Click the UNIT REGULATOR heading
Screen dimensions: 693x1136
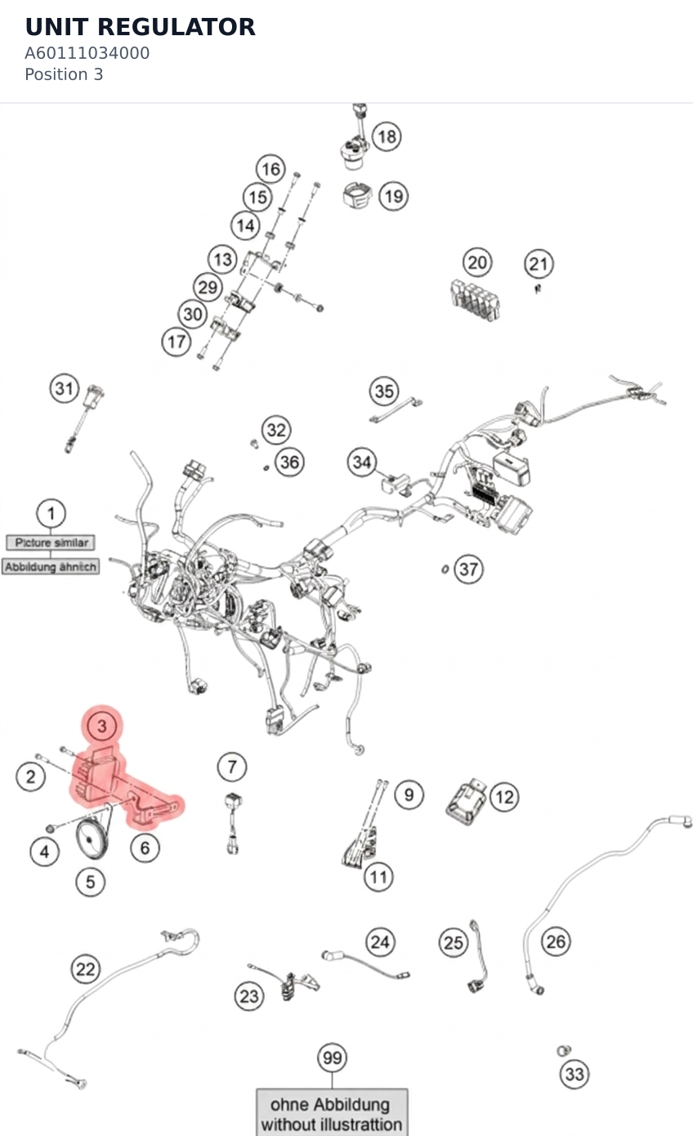coord(140,27)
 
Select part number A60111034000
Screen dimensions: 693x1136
coord(87,53)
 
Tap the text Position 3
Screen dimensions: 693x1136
coord(64,74)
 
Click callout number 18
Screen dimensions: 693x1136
coord(387,136)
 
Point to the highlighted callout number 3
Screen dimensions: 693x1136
coord(102,726)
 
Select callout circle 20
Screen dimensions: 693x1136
coord(477,262)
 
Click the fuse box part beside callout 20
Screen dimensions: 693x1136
coord(475,299)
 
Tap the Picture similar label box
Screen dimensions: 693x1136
coord(51,542)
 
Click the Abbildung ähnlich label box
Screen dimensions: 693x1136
coord(50,566)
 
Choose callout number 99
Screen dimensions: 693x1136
coord(332,1058)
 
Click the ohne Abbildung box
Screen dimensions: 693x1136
coord(332,1113)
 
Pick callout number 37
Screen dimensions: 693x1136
coord(468,569)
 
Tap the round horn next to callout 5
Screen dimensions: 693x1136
coord(92,839)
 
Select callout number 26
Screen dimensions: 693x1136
coord(556,941)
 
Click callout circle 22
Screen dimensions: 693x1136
coord(85,968)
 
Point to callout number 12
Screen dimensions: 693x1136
coord(504,797)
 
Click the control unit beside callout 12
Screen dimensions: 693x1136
coord(466,801)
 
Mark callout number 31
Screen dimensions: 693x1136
coord(65,388)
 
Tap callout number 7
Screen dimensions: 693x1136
coord(231,767)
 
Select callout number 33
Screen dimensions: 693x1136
coord(575,1074)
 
